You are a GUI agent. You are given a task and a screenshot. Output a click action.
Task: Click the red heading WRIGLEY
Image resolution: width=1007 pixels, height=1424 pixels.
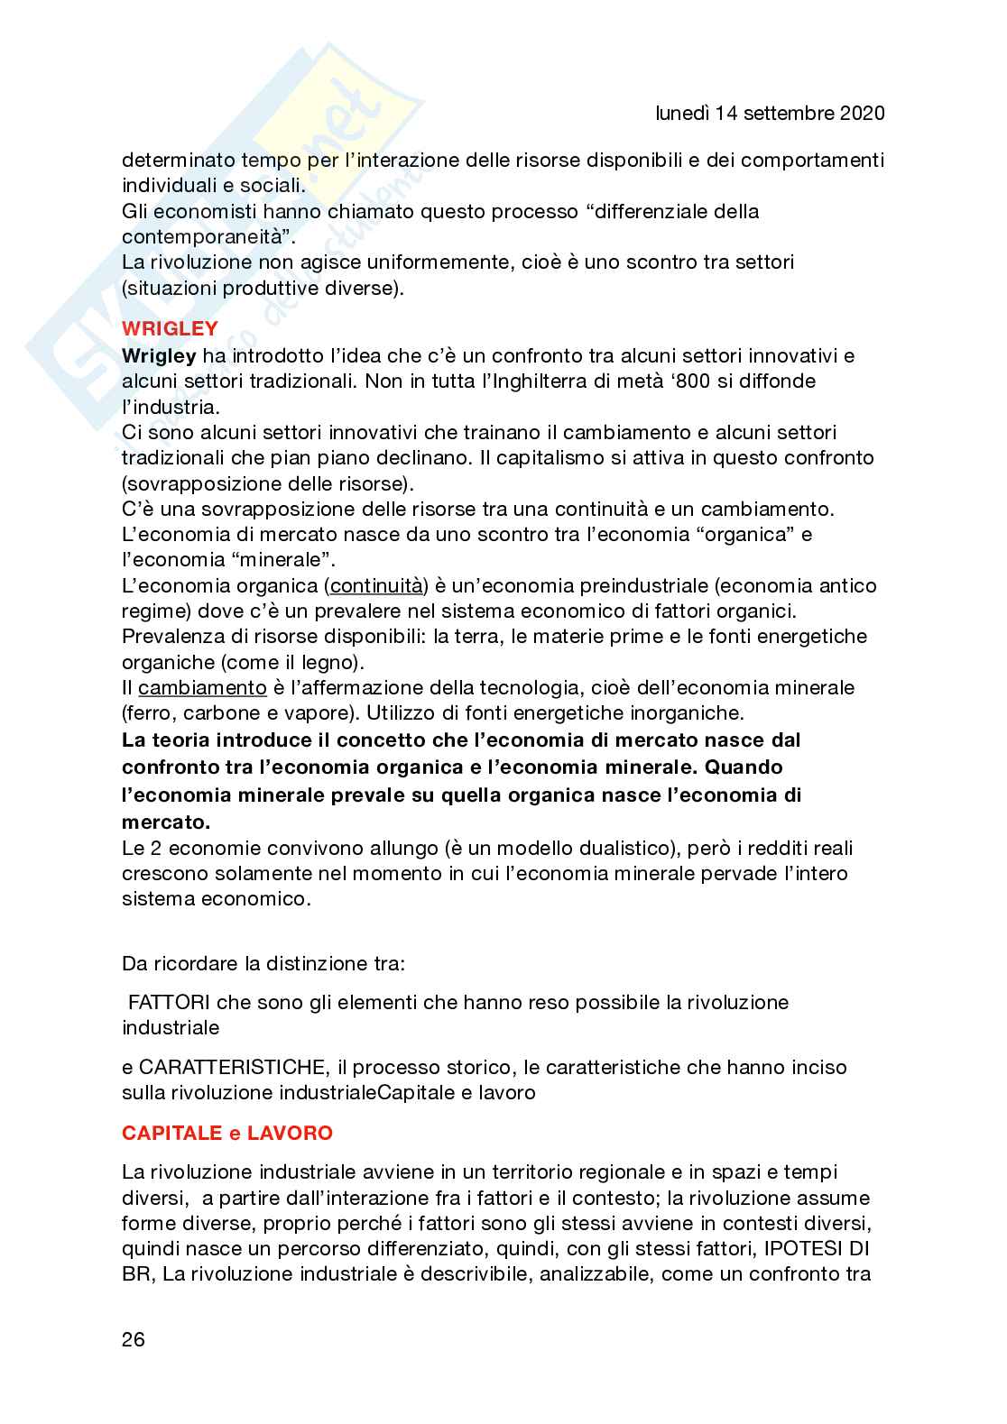pos(170,328)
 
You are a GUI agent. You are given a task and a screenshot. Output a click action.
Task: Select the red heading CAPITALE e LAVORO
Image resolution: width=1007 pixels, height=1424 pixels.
pos(227,1133)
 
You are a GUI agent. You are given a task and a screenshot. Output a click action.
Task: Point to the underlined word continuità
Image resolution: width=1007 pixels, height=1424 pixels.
pos(376,586)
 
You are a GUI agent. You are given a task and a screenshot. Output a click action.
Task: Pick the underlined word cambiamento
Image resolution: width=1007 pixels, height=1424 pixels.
pos(202,688)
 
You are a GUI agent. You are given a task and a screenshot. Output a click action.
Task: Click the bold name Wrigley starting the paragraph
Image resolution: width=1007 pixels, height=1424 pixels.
pos(159,355)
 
